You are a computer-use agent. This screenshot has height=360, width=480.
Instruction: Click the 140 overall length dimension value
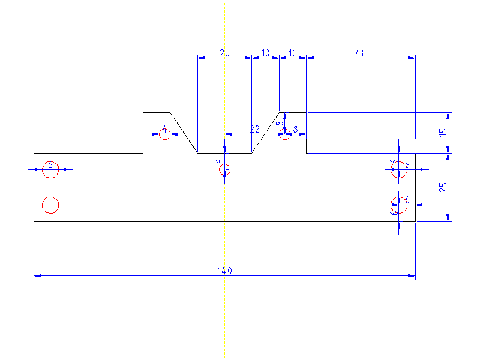pyautogui.click(x=224, y=271)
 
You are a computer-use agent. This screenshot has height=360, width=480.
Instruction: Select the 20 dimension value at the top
pyautogui.click(x=224, y=53)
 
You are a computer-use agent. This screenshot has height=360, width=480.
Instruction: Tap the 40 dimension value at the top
pyautogui.click(x=361, y=53)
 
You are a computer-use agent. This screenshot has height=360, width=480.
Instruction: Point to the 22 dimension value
pyautogui.click(x=254, y=129)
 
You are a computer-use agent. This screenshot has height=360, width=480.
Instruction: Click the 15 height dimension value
pyautogui.click(x=443, y=133)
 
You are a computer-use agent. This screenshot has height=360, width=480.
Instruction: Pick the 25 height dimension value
pyautogui.click(x=443, y=187)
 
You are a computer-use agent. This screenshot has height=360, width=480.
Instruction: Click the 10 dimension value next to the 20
pyautogui.click(x=265, y=53)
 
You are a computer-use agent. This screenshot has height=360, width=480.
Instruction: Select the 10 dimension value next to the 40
pyautogui.click(x=293, y=53)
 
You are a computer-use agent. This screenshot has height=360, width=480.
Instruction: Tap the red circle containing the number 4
pyautogui.click(x=165, y=134)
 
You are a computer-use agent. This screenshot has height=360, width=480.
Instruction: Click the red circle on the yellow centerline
pyautogui.click(x=224, y=170)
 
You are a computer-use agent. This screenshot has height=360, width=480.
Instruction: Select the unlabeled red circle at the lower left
pyautogui.click(x=50, y=205)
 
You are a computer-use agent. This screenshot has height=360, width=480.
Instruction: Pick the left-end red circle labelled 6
pyautogui.click(x=50, y=170)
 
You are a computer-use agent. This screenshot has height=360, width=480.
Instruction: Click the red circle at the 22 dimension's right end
pyautogui.click(x=285, y=134)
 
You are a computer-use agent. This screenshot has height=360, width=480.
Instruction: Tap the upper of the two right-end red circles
pyautogui.click(x=400, y=170)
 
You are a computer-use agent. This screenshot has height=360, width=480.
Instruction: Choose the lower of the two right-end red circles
pyautogui.click(x=400, y=205)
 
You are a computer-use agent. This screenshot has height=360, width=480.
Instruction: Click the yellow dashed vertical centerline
pyautogui.click(x=224, y=312)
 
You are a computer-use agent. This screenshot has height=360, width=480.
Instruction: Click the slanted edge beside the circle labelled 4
pyautogui.click(x=184, y=133)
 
